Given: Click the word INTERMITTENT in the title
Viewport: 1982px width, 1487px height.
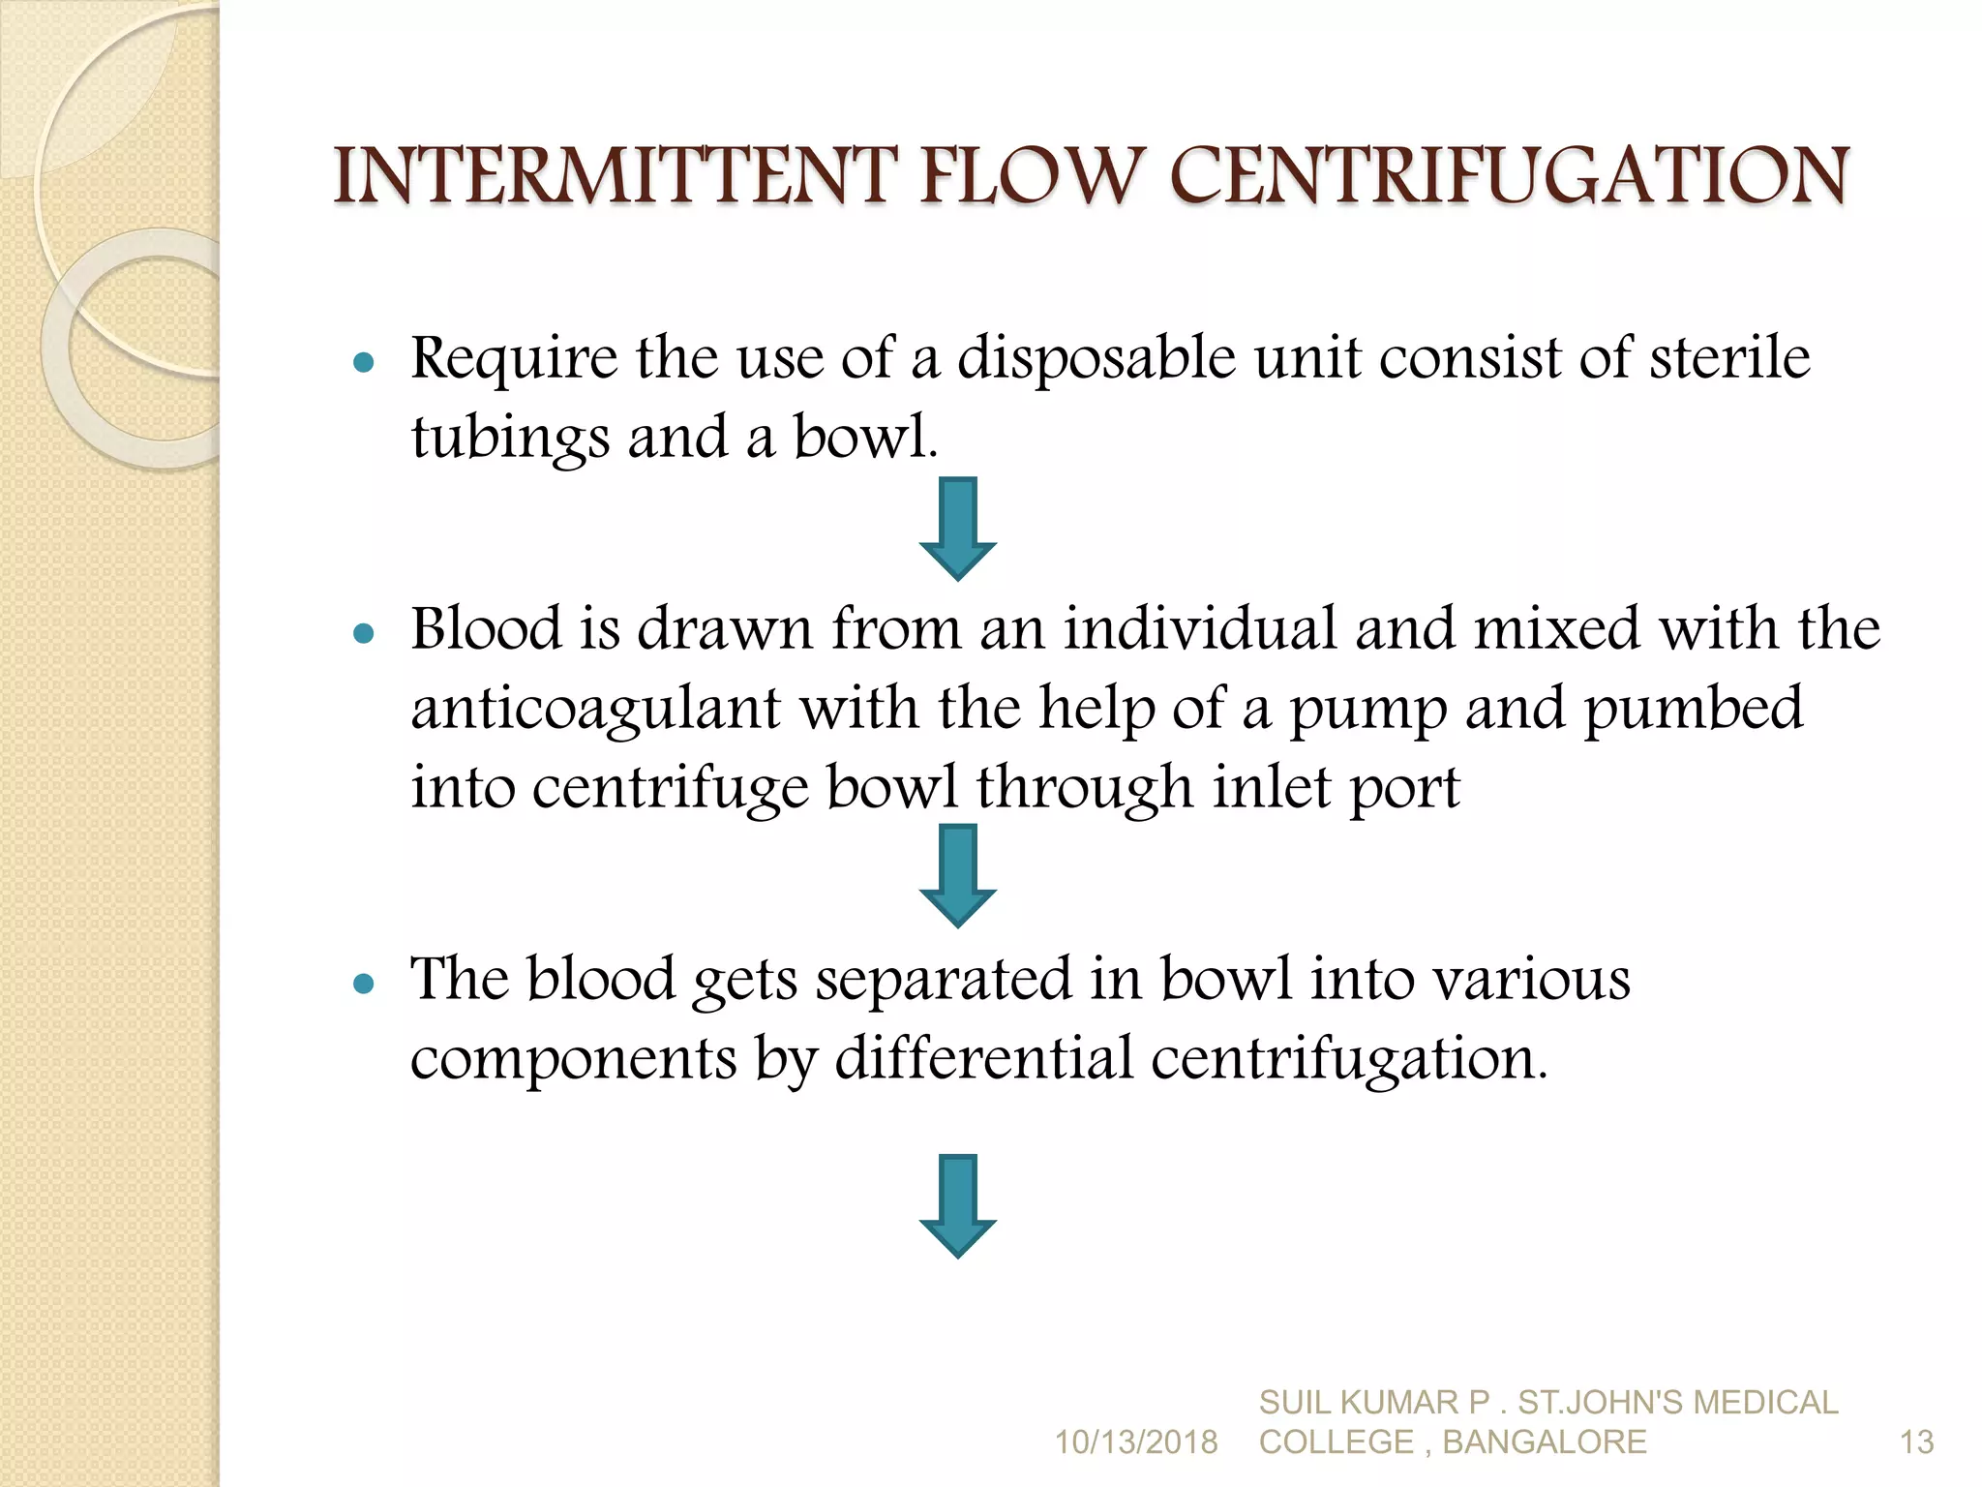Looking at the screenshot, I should [x=612, y=176].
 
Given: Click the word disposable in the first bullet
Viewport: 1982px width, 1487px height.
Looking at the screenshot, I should [x=1096, y=358].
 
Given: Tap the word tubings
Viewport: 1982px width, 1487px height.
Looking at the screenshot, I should [x=510, y=438].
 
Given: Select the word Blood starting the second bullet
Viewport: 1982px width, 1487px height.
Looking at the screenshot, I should [x=487, y=628].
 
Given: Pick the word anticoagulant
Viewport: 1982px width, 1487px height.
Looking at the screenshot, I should [x=595, y=708].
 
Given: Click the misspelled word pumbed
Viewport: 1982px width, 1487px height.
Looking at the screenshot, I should [x=1693, y=710].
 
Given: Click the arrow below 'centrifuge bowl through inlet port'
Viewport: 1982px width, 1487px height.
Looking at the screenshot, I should [x=957, y=875].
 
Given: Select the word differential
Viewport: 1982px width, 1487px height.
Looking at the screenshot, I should [x=983, y=1057].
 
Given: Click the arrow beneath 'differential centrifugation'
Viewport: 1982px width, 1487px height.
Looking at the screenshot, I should [x=957, y=1205].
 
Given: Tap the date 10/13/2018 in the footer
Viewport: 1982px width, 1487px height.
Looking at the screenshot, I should [x=1135, y=1442].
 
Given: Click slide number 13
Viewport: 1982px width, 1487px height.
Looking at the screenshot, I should [x=1916, y=1442].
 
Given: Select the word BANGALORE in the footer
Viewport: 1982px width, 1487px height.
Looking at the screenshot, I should [x=1545, y=1442].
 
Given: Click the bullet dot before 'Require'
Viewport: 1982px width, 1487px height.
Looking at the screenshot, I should [x=364, y=363].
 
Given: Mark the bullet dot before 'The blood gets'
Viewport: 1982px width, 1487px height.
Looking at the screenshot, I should [x=364, y=985].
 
